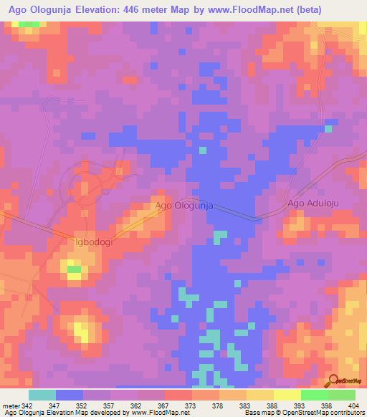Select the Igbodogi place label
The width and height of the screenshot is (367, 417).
(x=95, y=242)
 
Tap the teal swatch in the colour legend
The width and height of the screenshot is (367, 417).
(x=42, y=395)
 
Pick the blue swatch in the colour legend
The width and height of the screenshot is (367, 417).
(x=70, y=395)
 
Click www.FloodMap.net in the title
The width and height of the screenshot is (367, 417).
(x=250, y=10)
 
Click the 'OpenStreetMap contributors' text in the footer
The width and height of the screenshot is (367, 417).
(x=324, y=413)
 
